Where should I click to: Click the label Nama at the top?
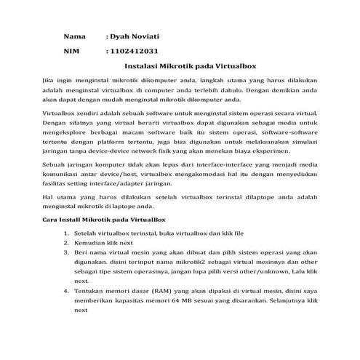(x=74, y=36)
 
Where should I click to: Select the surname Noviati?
(x=145, y=36)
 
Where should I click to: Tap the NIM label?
(x=71, y=52)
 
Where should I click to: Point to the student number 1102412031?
(x=132, y=52)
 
